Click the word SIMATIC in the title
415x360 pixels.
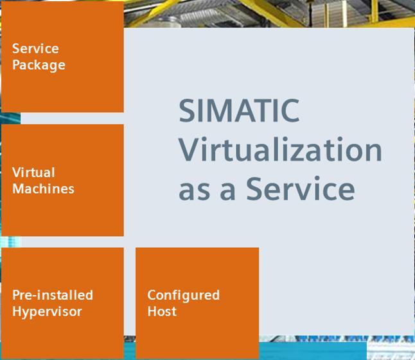239,110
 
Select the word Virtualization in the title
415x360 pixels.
280,149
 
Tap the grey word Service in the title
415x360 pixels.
301,188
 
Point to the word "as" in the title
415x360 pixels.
194,191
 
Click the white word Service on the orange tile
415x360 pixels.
35,49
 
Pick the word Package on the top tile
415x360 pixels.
39,65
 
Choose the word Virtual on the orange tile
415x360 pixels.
33,173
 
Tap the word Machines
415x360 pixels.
43,189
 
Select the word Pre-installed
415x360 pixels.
53,295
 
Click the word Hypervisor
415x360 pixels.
47,312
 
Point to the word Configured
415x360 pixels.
184,295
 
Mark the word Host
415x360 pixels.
162,311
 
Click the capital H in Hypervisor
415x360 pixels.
17,311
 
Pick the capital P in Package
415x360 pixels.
17,65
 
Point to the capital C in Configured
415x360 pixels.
152,295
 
